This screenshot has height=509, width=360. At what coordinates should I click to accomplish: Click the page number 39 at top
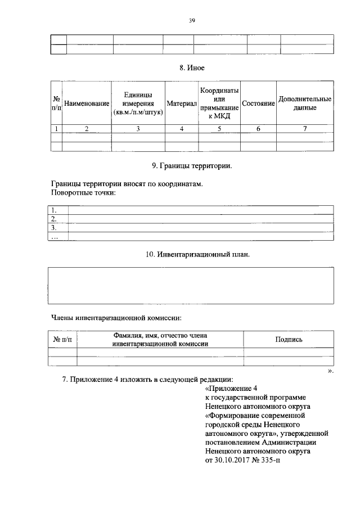192,21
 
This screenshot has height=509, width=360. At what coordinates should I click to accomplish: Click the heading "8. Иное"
192,67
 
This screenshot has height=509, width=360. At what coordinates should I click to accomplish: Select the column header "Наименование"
87,104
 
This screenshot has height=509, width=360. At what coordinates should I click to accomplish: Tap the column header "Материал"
181,104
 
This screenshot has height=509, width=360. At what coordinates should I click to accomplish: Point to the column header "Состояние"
258,104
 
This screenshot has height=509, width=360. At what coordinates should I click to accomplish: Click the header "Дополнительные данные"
304,103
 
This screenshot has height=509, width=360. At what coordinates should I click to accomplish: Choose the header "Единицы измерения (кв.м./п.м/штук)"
138,104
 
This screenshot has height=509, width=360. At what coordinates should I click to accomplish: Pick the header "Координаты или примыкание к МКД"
219,103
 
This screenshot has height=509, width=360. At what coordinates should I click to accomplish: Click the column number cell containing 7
304,129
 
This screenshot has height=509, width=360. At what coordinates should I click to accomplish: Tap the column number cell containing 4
181,129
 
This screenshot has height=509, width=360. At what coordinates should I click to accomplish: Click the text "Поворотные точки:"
83,192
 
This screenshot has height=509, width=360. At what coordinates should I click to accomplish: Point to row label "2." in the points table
54,219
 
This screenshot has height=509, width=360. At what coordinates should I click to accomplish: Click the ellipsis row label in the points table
55,237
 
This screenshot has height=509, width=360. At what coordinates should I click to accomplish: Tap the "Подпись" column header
289,339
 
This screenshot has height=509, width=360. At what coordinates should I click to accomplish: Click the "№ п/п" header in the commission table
62,339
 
